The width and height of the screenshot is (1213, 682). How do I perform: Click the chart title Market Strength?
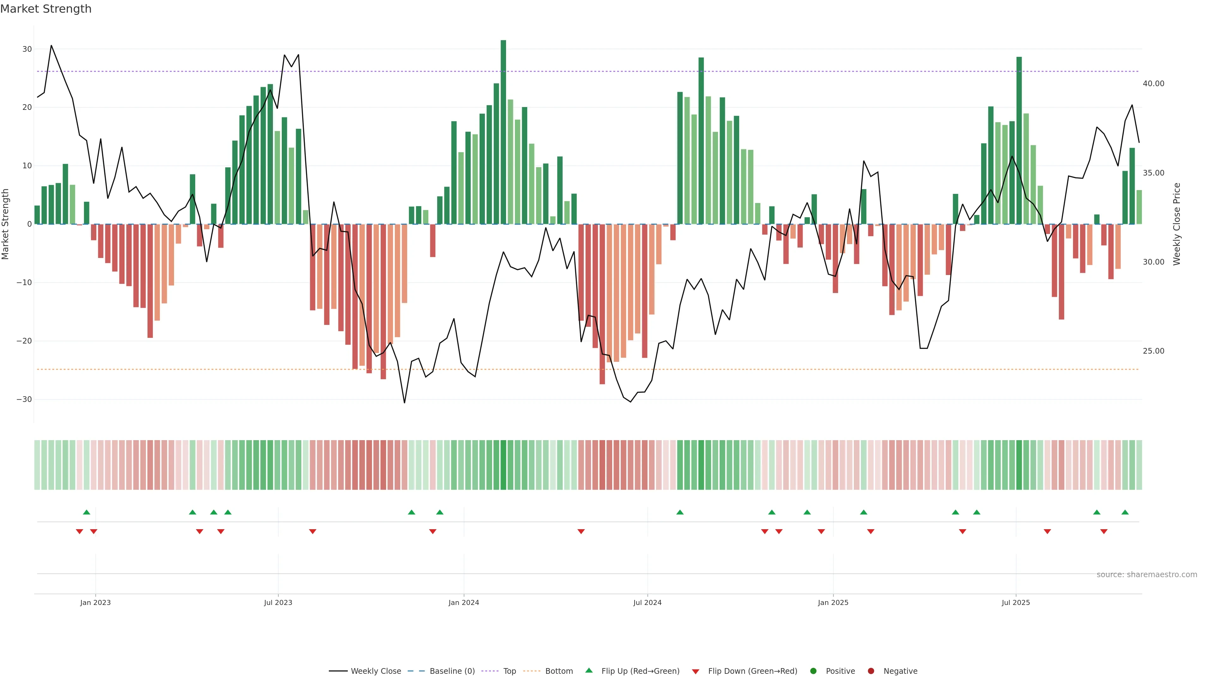46,9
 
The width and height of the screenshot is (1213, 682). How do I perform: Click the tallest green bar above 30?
504,132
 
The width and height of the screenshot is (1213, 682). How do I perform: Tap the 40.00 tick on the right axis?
1153,84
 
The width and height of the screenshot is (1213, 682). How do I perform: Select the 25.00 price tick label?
1153,351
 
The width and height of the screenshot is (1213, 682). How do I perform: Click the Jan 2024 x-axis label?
463,602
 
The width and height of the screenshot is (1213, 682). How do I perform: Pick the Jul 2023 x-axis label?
278,602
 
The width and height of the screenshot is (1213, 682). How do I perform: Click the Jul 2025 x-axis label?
1016,602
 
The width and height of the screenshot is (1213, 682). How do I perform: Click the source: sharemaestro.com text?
1147,575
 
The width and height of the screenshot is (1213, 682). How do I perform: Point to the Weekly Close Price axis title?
1177,224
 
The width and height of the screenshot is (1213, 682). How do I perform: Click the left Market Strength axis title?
6,224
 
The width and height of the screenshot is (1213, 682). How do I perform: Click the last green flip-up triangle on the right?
1125,512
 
